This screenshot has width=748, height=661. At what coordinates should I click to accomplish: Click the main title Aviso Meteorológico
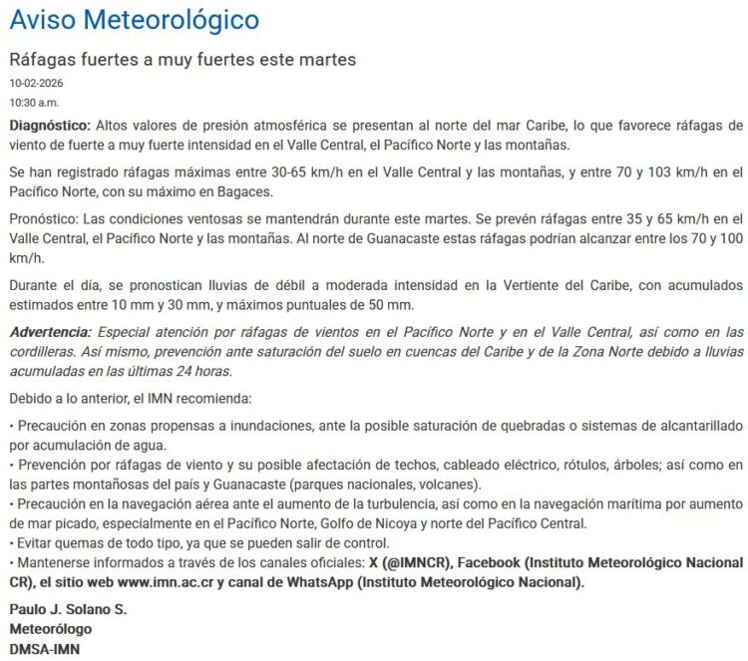[x=135, y=19]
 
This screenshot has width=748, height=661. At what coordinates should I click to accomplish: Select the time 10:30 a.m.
[x=34, y=102]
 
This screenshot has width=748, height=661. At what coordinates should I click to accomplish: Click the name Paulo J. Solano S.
[x=68, y=609]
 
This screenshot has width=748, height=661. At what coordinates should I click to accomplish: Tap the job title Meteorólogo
[x=50, y=629]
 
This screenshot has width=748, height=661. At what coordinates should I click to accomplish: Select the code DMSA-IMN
[x=45, y=649]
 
